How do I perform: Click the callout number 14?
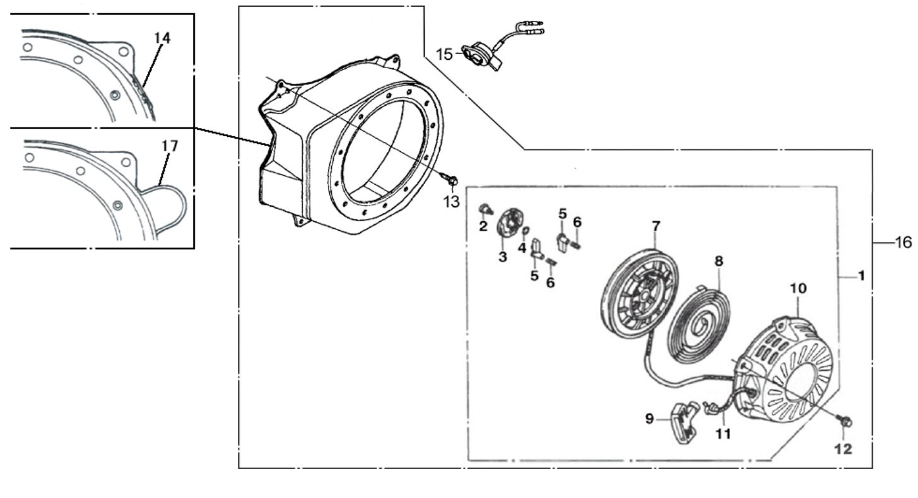[x=162, y=38]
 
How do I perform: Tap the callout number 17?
[x=170, y=146]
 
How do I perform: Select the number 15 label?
[x=444, y=55]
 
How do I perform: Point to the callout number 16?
[x=903, y=243]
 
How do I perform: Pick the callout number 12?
[x=844, y=449]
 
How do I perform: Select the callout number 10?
[x=798, y=288]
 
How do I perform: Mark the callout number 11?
[x=723, y=434]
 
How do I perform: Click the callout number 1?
[x=861, y=276]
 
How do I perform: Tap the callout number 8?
[x=719, y=260]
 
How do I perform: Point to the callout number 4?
[x=522, y=248]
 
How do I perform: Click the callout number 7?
[x=656, y=225]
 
